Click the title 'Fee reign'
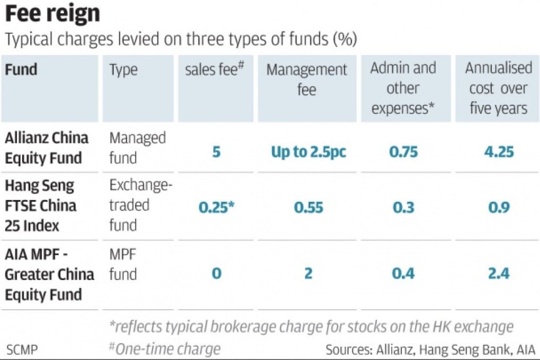[52, 14]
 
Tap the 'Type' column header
[123, 69]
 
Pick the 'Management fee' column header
[307, 79]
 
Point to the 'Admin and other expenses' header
[403, 88]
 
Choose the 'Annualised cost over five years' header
[498, 88]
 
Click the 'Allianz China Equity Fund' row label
[47, 148]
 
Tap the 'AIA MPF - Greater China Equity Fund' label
[49, 274]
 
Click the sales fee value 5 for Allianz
[217, 152]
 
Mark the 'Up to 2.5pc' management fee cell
[308, 152]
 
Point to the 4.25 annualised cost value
[499, 152]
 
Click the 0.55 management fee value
[308, 207]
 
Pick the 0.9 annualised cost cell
[499, 207]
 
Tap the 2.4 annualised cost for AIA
[499, 273]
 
